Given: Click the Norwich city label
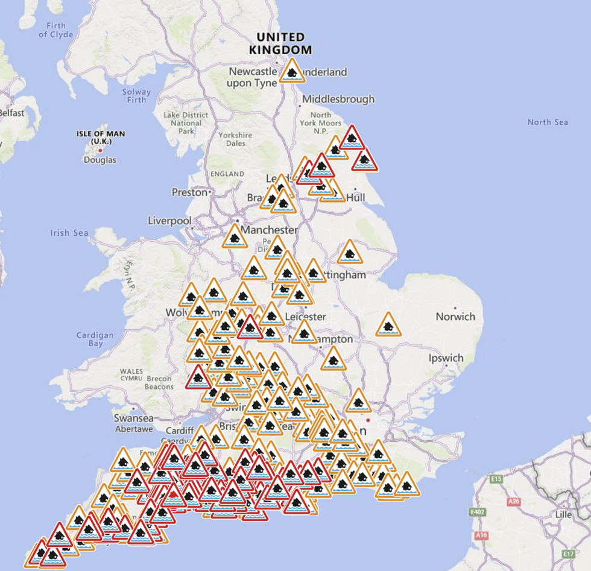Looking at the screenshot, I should (455, 317).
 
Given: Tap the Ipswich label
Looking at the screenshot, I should (446, 358).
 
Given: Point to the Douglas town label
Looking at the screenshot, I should (100, 160).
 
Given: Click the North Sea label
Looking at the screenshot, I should (548, 122).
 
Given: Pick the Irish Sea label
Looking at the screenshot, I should (69, 233).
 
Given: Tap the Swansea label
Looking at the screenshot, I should (134, 418).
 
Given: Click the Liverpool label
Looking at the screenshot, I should (169, 221).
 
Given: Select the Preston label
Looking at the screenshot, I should (189, 192).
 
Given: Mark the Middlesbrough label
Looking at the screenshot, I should (338, 99).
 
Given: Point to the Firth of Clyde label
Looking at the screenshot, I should (55, 30).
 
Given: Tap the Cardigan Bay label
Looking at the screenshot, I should (95, 339).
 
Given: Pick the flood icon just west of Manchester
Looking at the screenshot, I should (235, 237).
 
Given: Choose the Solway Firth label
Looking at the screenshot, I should (136, 96).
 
